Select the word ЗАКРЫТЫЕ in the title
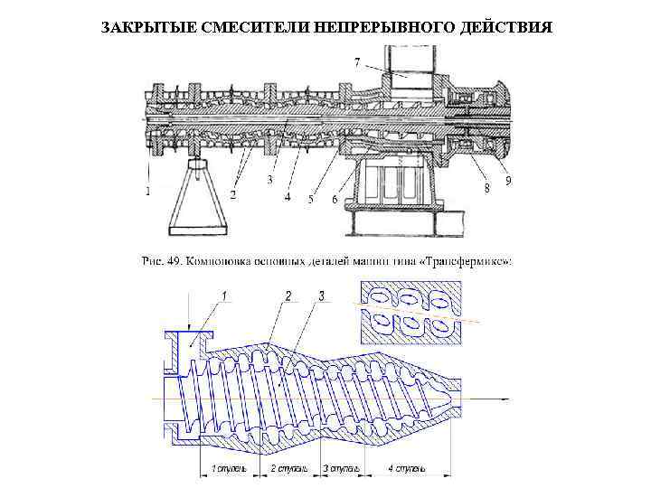click(147, 25)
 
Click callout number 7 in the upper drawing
click(357, 61)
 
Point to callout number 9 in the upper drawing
click(508, 182)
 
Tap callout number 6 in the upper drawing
click(334, 199)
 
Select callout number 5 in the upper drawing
click(310, 199)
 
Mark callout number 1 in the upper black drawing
click(148, 191)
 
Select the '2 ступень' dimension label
click(289, 468)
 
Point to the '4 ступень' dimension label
click(407, 468)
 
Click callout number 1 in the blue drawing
click(225, 296)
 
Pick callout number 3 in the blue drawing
click(321, 296)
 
